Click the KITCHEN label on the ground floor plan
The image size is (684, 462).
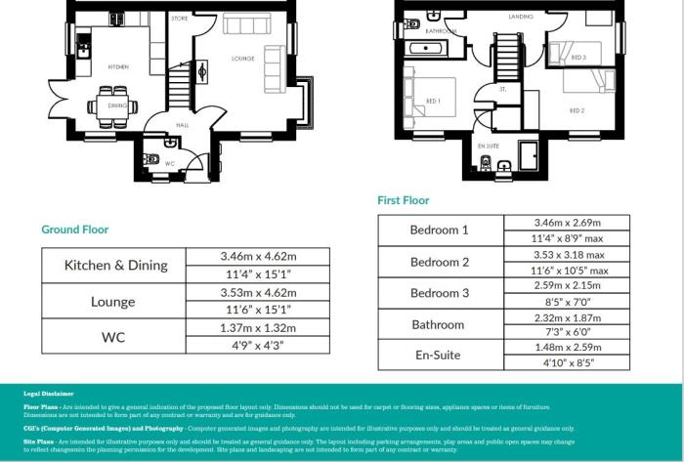pyautogui.click(x=118, y=66)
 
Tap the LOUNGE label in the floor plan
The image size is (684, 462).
pyautogui.click(x=243, y=59)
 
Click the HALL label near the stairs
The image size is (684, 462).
pyautogui.click(x=182, y=125)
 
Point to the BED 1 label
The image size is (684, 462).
pyautogui.click(x=433, y=101)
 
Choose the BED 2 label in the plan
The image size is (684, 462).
pyautogui.click(x=577, y=110)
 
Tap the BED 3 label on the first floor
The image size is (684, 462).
pyautogui.click(x=578, y=58)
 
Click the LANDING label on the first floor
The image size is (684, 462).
pyautogui.click(x=520, y=18)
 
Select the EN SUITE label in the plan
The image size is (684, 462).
pyautogui.click(x=489, y=146)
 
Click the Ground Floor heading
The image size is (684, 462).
pyautogui.click(x=75, y=230)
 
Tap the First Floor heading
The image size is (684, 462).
pyautogui.click(x=404, y=200)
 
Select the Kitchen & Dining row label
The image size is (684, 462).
pyautogui.click(x=116, y=265)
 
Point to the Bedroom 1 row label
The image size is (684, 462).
pyautogui.click(x=440, y=231)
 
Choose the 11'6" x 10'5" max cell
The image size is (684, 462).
pyautogui.click(x=568, y=270)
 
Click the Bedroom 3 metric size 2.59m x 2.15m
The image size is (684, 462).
pyautogui.click(x=568, y=284)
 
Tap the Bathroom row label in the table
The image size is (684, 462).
pyautogui.click(x=440, y=324)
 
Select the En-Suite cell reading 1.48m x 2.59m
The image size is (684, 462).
pyautogui.click(x=568, y=347)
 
